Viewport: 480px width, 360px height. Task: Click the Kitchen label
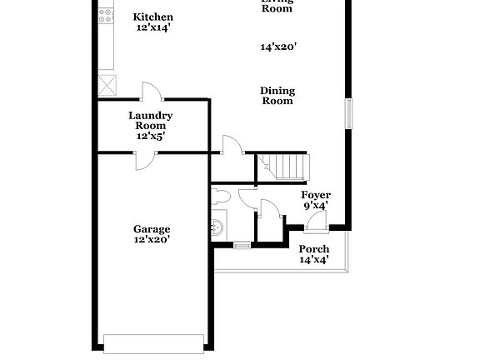[x=153, y=17]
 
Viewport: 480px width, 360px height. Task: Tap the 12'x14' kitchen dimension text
[x=153, y=27]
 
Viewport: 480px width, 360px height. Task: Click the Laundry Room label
[x=151, y=120]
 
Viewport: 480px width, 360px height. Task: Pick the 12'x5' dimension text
[x=151, y=135]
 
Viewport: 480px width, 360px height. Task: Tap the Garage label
[x=152, y=229]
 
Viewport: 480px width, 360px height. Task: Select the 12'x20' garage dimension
[x=152, y=240]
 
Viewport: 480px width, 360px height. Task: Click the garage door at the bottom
[x=152, y=343]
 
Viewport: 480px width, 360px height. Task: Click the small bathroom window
[x=241, y=244]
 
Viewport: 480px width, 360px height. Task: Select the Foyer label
[x=316, y=195]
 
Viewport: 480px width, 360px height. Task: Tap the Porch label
[x=314, y=249]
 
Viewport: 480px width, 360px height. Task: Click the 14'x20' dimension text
[x=277, y=47]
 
